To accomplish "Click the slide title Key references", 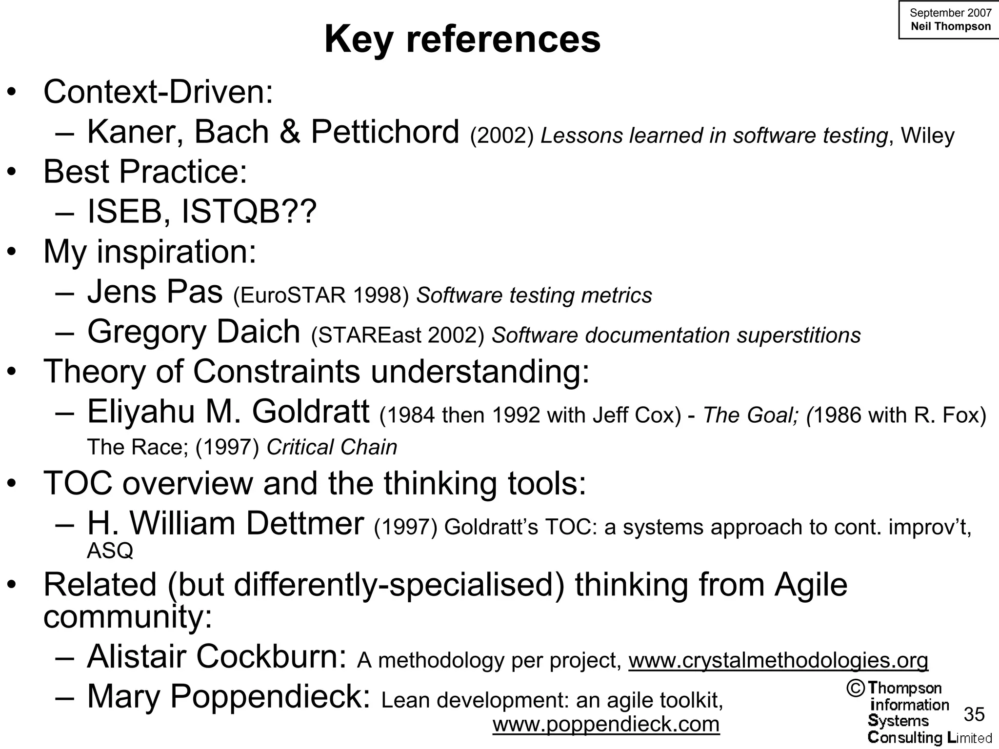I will click(462, 39).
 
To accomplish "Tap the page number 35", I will click(974, 714).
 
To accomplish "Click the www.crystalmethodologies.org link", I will click(778, 660).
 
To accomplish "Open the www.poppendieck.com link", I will click(606, 724).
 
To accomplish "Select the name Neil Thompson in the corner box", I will click(950, 26).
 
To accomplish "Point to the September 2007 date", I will click(950, 13).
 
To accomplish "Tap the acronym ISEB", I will click(124, 212).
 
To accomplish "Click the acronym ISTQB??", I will click(249, 212).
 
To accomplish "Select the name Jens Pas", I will click(155, 292).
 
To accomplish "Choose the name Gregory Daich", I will click(193, 332).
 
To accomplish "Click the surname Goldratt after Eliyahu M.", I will click(310, 412).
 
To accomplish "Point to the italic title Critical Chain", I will click(332, 447).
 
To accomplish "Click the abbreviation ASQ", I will click(110, 551).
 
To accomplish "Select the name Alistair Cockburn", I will click(217, 657).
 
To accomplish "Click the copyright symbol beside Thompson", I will click(855, 689).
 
